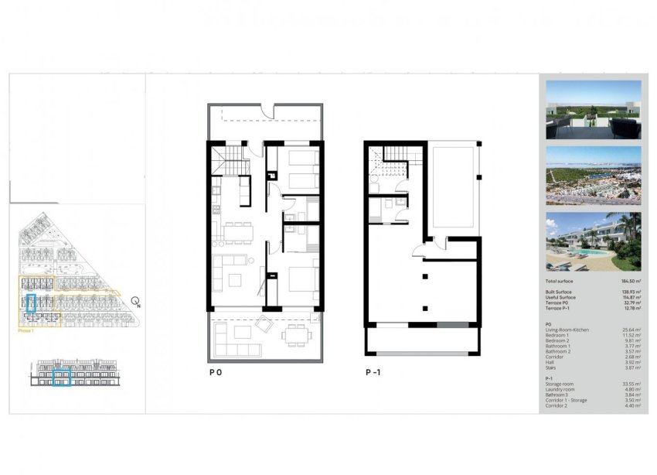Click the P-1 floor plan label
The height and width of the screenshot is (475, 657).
375,372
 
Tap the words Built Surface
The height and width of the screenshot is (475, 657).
560,292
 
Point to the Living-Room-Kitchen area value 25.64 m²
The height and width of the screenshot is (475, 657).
629,330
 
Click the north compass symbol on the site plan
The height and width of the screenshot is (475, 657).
136,301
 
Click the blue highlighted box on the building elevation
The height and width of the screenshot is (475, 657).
61,378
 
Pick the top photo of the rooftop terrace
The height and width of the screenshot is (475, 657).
593,109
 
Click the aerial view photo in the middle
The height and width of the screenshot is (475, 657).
593,175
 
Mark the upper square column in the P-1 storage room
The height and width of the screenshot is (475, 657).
424,276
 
